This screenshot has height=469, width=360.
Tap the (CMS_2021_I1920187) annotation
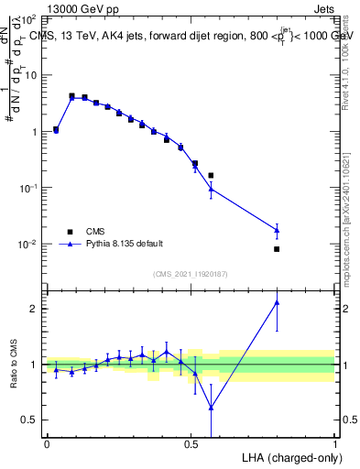tap(190, 274)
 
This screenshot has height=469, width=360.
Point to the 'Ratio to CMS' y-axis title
tap(13, 364)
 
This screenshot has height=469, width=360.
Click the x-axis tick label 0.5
tap(191, 443)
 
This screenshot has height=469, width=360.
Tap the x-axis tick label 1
tap(334, 443)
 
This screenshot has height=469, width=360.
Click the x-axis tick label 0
tap(47, 443)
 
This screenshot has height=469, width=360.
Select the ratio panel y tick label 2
tap(36, 309)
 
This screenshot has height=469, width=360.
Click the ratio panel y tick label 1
tap(36, 365)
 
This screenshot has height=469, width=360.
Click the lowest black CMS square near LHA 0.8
tap(277, 249)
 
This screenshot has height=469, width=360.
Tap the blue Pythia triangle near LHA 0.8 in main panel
tap(277, 229)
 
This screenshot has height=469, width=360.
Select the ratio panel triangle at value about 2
tap(277, 302)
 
